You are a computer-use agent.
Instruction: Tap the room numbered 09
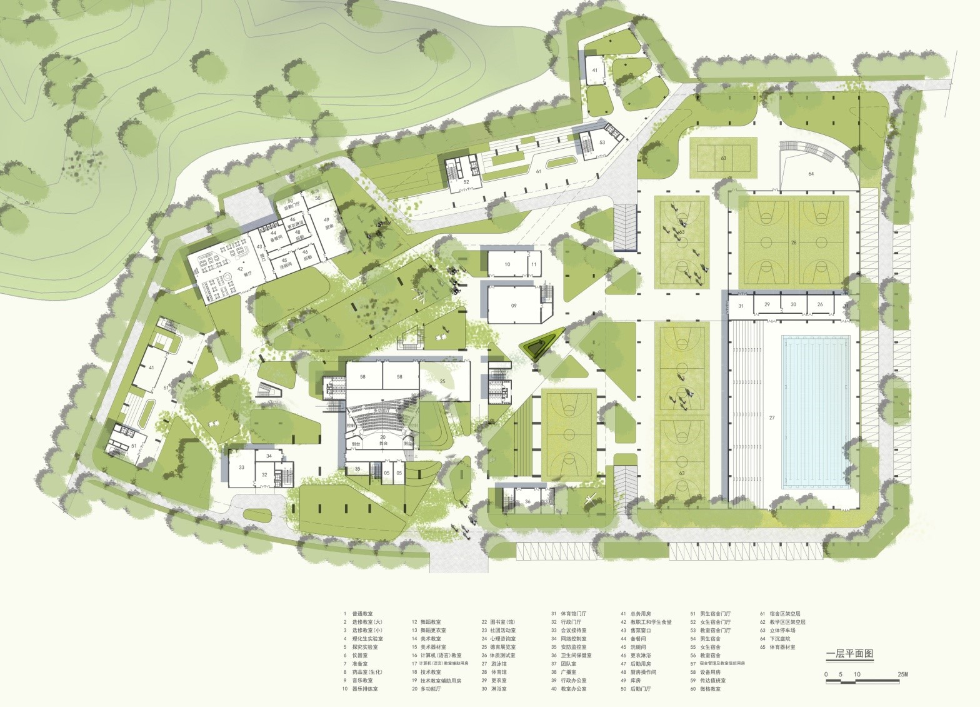pyautogui.click(x=514, y=306)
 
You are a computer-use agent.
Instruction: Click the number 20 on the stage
pyautogui.click(x=382, y=436)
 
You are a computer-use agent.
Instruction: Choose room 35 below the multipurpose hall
pyautogui.click(x=357, y=469)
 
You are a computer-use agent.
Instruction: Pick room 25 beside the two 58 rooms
pyautogui.click(x=442, y=381)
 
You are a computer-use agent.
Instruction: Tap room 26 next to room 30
pyautogui.click(x=820, y=304)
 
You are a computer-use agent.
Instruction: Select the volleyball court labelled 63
pyautogui.click(x=723, y=158)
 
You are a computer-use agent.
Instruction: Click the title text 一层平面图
pyautogui.click(x=849, y=654)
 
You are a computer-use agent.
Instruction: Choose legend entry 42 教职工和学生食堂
pyautogui.click(x=646, y=622)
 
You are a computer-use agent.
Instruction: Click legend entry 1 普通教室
pyautogui.click(x=362, y=614)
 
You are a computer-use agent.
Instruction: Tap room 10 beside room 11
pyautogui.click(x=507, y=265)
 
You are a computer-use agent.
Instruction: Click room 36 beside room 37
pyautogui.click(x=527, y=501)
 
